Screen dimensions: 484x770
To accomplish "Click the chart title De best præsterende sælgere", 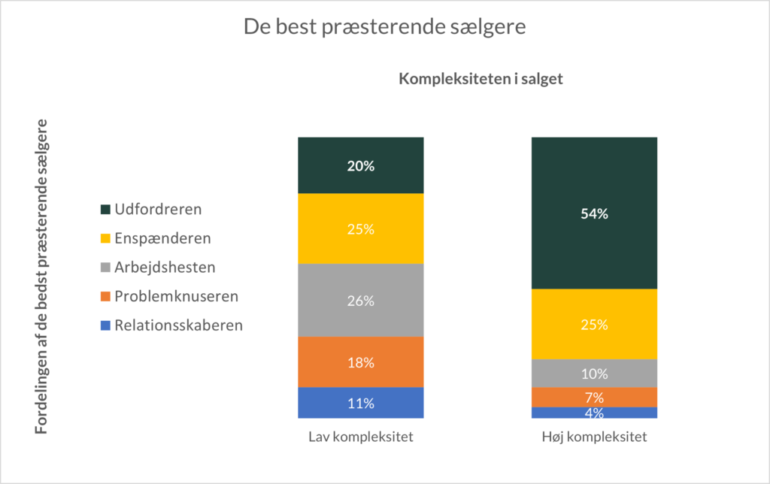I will click(x=384, y=27).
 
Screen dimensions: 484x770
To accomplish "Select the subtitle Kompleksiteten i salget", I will click(x=480, y=79).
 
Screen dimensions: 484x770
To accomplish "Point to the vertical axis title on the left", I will click(x=43, y=276).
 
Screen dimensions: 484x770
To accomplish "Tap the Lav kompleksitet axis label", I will click(x=361, y=436).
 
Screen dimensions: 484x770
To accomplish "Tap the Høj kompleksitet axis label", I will click(x=594, y=436).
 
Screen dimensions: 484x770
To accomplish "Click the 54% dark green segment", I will click(x=594, y=213).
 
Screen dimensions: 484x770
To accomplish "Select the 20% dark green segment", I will click(x=361, y=165).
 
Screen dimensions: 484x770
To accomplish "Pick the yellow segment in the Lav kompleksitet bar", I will click(x=361, y=228).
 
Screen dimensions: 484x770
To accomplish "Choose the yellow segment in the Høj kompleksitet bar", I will click(x=594, y=324).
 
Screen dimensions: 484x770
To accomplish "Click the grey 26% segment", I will click(x=361, y=300).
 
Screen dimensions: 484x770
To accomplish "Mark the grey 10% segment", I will click(x=594, y=373).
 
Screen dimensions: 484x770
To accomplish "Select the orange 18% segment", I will click(x=361, y=361).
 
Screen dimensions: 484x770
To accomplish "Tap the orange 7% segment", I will click(x=594, y=397).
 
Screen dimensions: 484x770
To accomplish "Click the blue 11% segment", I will click(x=361, y=403).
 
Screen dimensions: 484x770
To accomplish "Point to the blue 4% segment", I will click(x=594, y=413).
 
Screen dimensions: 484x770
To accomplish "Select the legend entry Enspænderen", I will click(x=161, y=238).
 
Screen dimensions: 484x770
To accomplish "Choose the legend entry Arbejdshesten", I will click(x=163, y=267).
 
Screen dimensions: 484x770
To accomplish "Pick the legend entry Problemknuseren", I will click(x=175, y=296).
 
